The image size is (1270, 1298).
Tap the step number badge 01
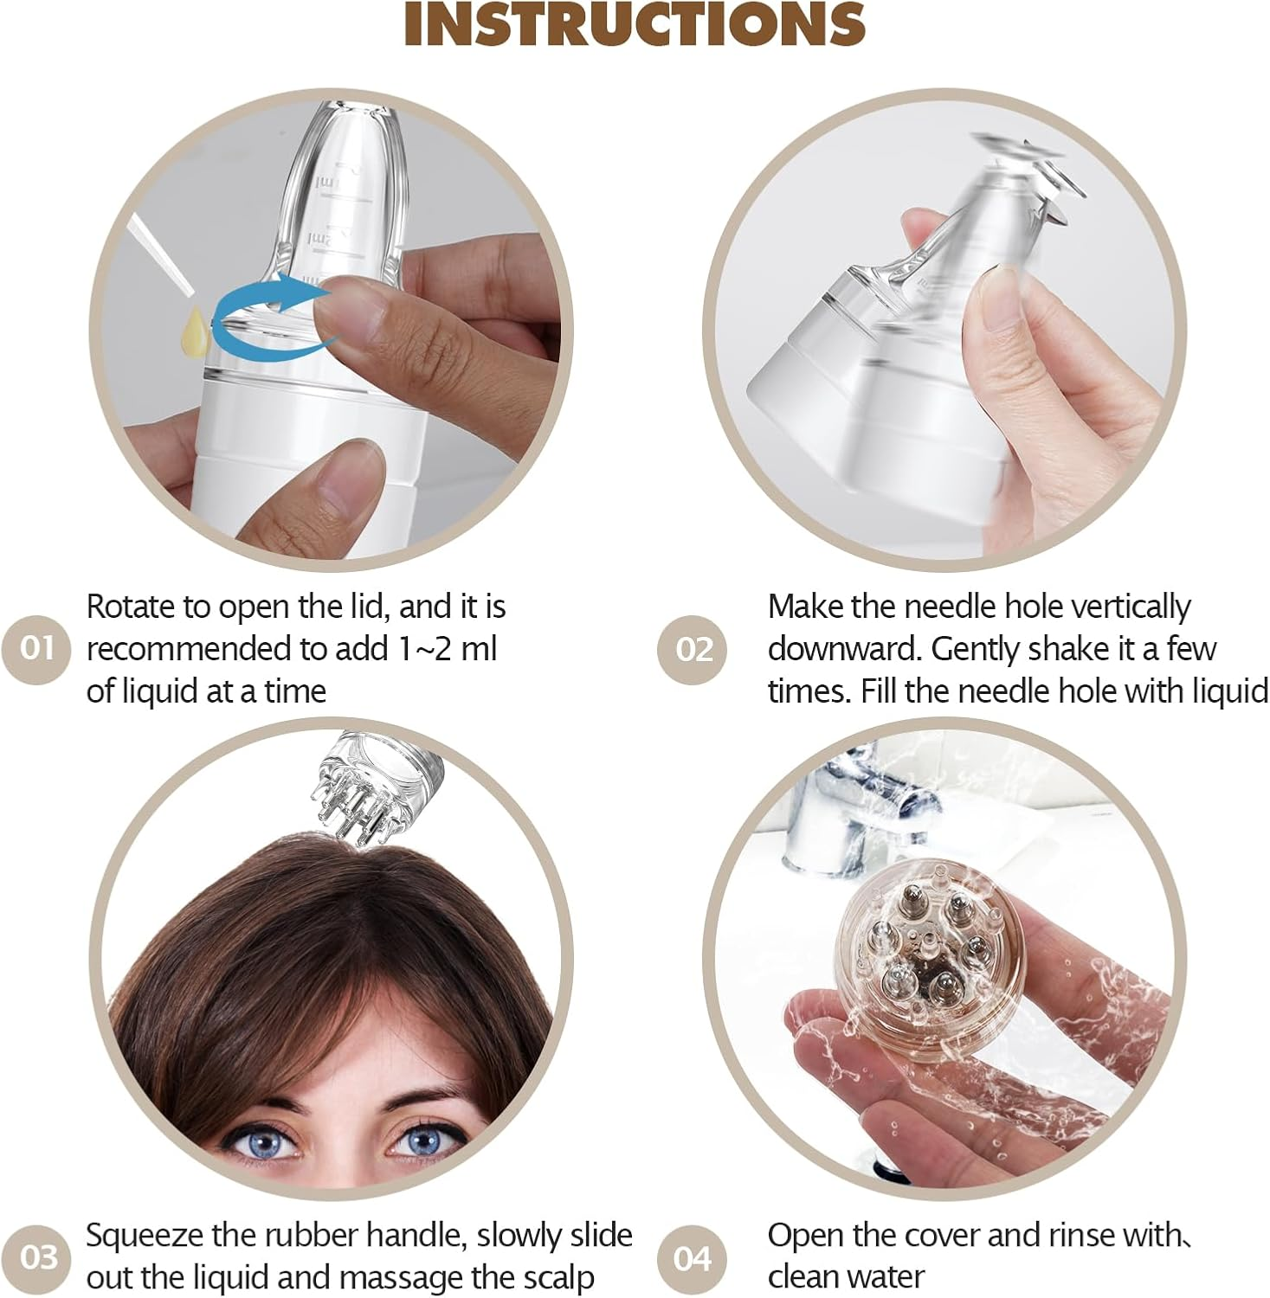click(36, 648)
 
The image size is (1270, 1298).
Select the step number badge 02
click(693, 649)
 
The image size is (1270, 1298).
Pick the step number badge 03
click(39, 1256)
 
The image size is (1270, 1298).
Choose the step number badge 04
click(693, 1257)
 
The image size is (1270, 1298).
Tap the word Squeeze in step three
click(144, 1236)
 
